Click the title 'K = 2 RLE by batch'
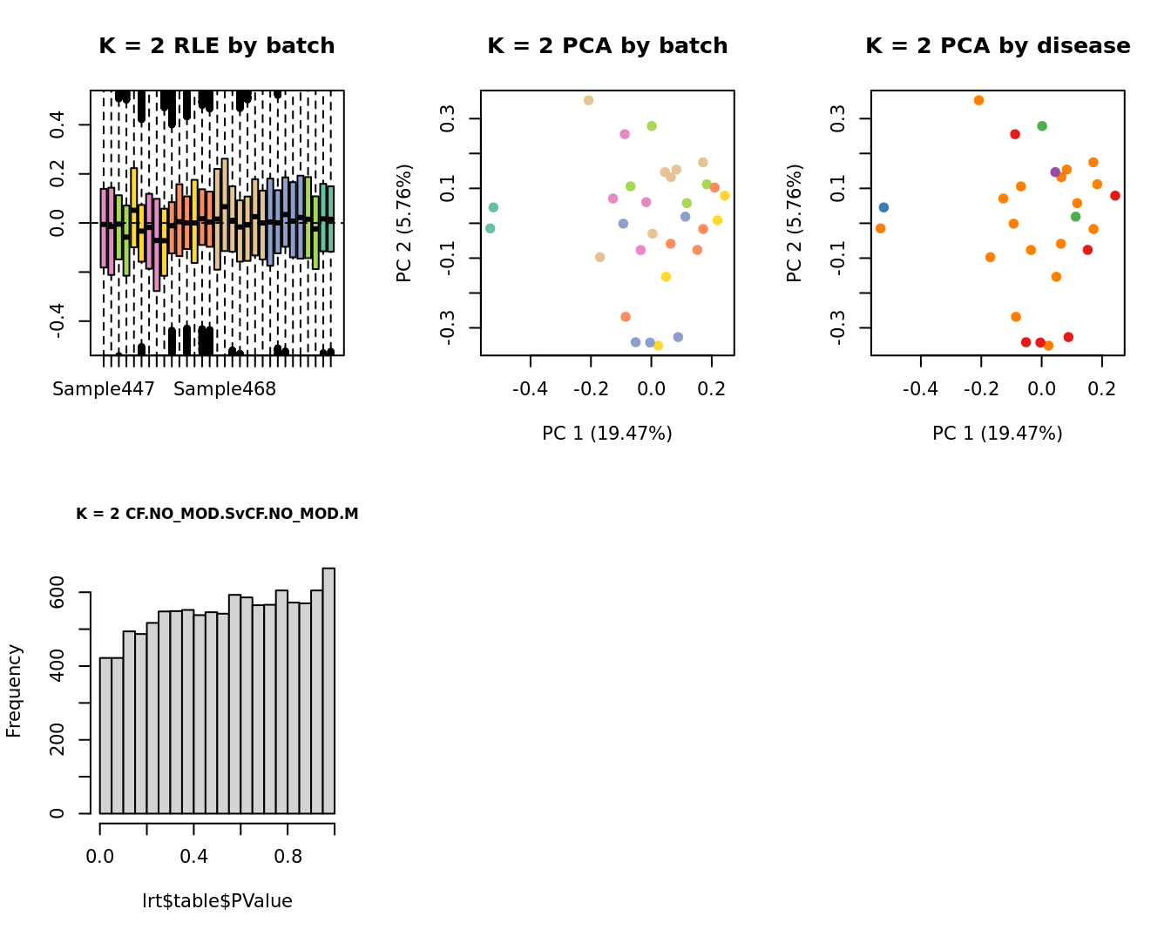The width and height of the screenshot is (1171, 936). pos(217,46)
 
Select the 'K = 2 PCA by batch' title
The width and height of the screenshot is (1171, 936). pos(607,46)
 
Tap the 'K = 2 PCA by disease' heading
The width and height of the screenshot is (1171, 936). pos(998,46)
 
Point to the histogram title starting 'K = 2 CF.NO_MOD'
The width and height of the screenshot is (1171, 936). pos(217,514)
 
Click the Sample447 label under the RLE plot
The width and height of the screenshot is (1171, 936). pos(104,389)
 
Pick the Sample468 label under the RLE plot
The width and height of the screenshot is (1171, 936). pos(225,389)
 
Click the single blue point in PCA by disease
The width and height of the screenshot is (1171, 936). pos(883,207)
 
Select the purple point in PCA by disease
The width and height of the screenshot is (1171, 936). pos(1055,172)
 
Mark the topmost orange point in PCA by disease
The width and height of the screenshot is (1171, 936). pos(978,100)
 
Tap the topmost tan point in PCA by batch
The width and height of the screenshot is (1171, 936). pos(588,100)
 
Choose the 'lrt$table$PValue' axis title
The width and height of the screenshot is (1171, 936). pos(217,901)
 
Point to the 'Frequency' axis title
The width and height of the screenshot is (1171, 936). pos(14,690)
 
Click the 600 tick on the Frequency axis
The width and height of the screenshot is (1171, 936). pos(58,592)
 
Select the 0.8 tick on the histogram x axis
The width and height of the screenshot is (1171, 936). pos(288,856)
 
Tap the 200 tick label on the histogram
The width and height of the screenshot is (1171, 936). pos(58,740)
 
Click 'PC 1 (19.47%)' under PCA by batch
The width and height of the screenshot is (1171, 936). pos(607,433)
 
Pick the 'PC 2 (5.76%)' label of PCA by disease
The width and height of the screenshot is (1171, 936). pos(794,223)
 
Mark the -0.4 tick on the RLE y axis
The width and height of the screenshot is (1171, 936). pos(58,320)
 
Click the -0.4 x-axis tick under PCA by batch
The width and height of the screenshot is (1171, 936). pos(530,388)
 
